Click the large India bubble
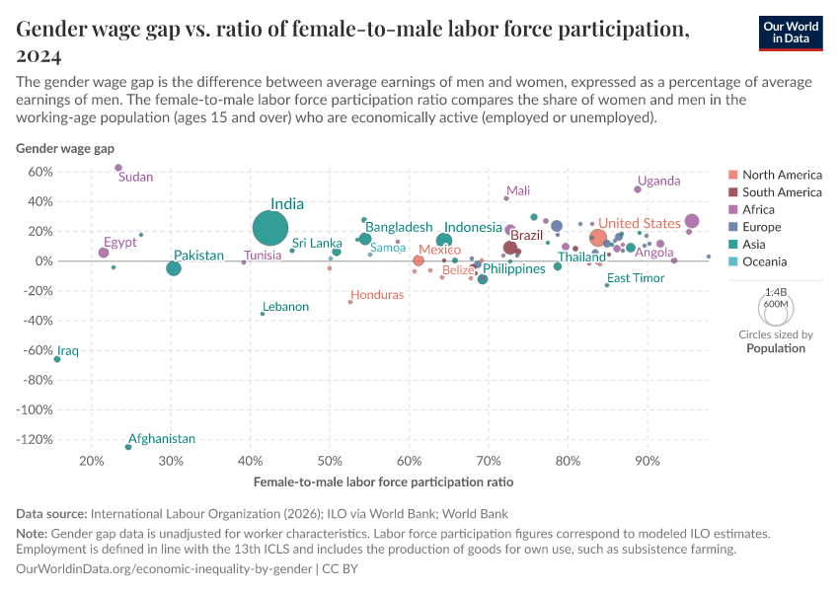click(x=270, y=228)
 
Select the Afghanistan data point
click(x=128, y=447)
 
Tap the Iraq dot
click(x=57, y=359)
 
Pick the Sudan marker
click(x=118, y=168)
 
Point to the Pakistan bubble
click(x=174, y=268)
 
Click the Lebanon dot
click(x=263, y=314)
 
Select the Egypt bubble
click(x=104, y=253)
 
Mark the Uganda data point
click(x=638, y=189)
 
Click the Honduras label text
click(x=377, y=295)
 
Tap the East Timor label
click(x=636, y=278)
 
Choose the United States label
click(x=640, y=223)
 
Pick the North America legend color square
click(x=733, y=175)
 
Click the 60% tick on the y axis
click(x=39, y=172)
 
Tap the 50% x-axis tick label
click(x=330, y=461)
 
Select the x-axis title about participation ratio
click(x=383, y=482)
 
